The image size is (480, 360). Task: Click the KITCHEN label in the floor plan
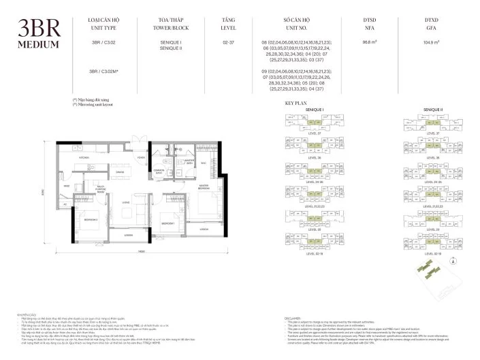(x=84, y=157)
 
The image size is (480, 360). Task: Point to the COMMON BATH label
(x=159, y=171)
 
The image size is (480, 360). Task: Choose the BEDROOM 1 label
(x=168, y=223)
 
